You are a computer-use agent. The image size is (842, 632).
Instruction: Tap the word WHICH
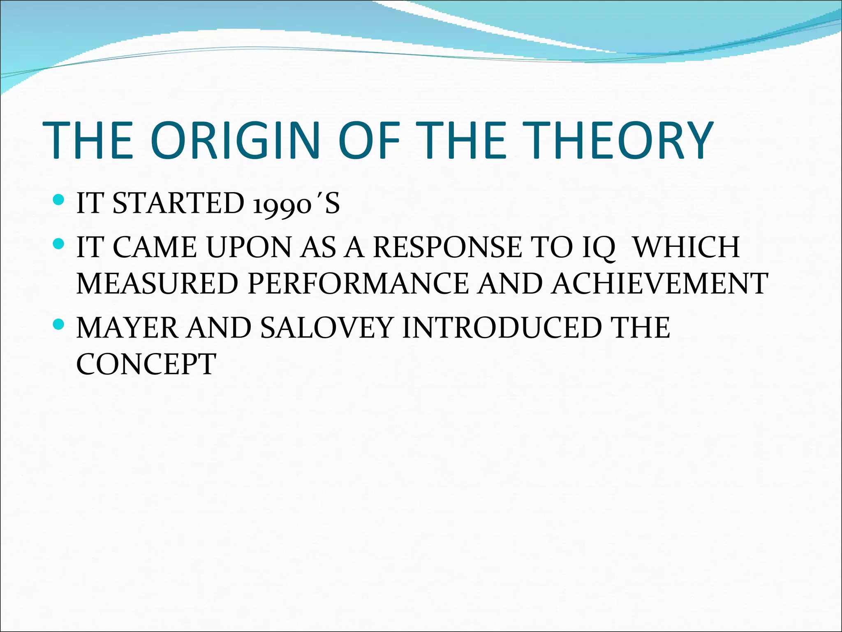tap(686, 247)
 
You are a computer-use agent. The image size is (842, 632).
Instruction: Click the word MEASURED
tap(157, 283)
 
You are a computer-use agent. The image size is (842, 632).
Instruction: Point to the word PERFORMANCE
tap(358, 283)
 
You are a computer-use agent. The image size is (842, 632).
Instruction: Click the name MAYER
tap(128, 328)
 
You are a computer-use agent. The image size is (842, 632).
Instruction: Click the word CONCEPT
tap(146, 364)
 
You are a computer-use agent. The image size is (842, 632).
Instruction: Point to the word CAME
tap(155, 247)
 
